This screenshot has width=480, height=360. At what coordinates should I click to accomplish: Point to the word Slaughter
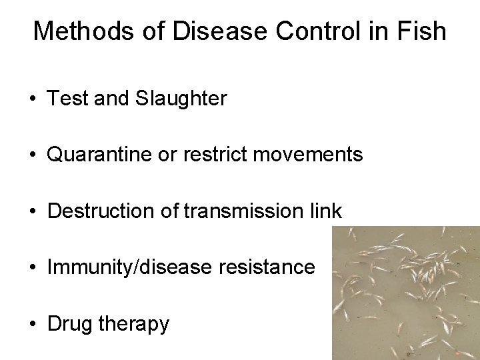coord(181,99)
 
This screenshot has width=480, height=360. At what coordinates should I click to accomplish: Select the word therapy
coord(134,325)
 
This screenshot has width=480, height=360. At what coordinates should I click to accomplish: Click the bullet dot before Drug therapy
coord(33,325)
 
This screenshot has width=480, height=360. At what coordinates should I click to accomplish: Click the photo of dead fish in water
coord(405,293)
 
